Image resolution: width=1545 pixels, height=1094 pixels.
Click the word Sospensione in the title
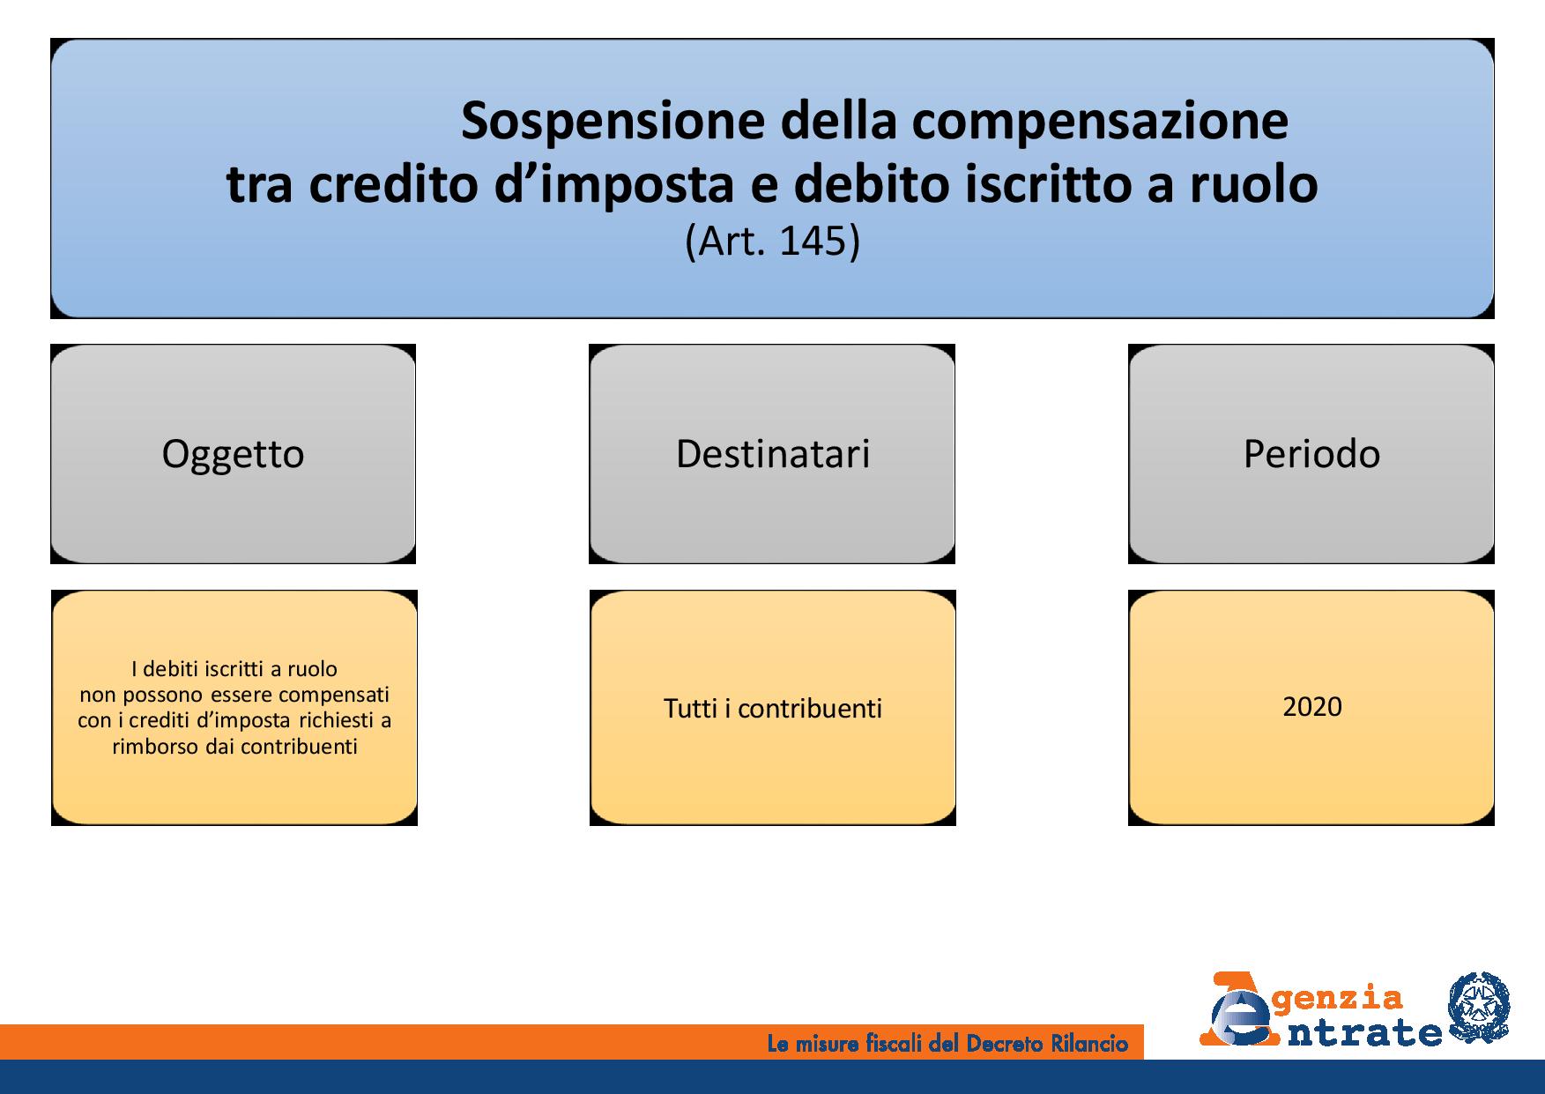pyautogui.click(x=613, y=121)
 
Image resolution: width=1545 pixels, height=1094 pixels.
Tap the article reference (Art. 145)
pyautogui.click(x=772, y=241)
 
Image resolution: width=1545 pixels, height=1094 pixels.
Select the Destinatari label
pyautogui.click(x=773, y=454)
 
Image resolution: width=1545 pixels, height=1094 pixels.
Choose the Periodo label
pyautogui.click(x=1311, y=454)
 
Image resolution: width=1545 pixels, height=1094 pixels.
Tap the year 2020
pyautogui.click(x=1312, y=707)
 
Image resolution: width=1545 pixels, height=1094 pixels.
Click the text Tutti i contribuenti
pyautogui.click(x=773, y=709)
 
